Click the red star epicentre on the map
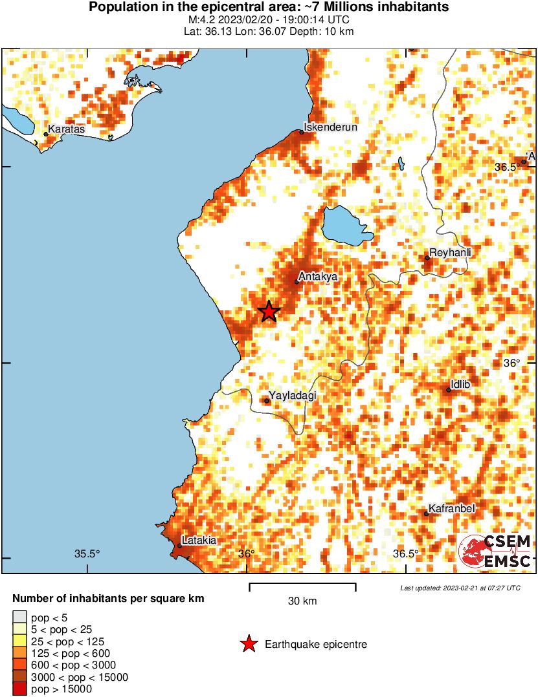click(269, 312)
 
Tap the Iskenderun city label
click(331, 127)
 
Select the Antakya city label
click(318, 276)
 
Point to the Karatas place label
click(66, 130)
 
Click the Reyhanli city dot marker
click(427, 258)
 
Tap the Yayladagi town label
click(292, 396)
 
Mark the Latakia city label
click(199, 540)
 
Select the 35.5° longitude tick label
click(87, 553)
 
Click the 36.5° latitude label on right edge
click(506, 167)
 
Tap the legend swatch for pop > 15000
click(19, 690)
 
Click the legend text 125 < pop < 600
click(71, 653)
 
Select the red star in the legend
click(248, 644)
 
